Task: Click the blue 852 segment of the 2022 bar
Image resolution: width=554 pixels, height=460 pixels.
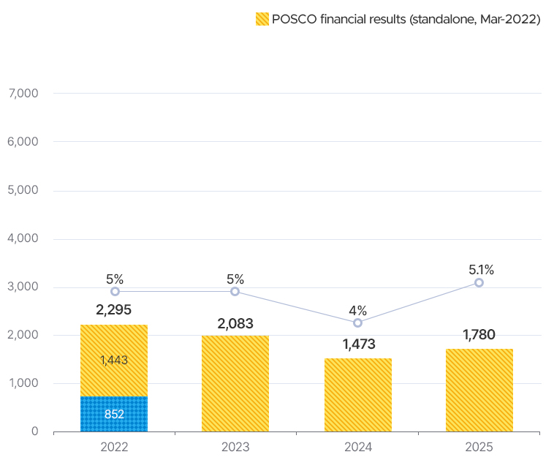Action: click(114, 414)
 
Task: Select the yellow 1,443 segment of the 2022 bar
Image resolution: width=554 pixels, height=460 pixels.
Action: click(114, 361)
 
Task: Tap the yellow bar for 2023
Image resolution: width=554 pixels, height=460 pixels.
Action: click(235, 384)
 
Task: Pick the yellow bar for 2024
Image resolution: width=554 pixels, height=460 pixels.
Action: click(357, 395)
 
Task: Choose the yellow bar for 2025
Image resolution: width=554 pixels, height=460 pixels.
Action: click(479, 391)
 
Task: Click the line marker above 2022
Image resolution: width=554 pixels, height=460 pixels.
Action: click(115, 291)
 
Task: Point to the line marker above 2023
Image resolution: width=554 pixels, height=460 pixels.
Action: click(235, 291)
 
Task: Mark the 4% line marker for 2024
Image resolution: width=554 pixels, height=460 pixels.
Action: click(357, 323)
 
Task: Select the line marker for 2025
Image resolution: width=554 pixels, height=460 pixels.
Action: click(479, 282)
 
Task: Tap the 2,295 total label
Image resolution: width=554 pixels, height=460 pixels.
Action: click(114, 310)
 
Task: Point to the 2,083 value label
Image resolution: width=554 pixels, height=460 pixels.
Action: click(235, 323)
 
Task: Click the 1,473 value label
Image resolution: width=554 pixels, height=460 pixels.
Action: click(357, 344)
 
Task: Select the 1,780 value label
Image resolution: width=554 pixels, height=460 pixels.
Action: click(479, 336)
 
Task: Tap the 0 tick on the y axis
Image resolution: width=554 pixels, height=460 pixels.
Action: click(34, 431)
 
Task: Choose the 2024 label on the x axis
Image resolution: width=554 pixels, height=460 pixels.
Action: click(357, 446)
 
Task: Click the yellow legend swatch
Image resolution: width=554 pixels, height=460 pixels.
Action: click(262, 20)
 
